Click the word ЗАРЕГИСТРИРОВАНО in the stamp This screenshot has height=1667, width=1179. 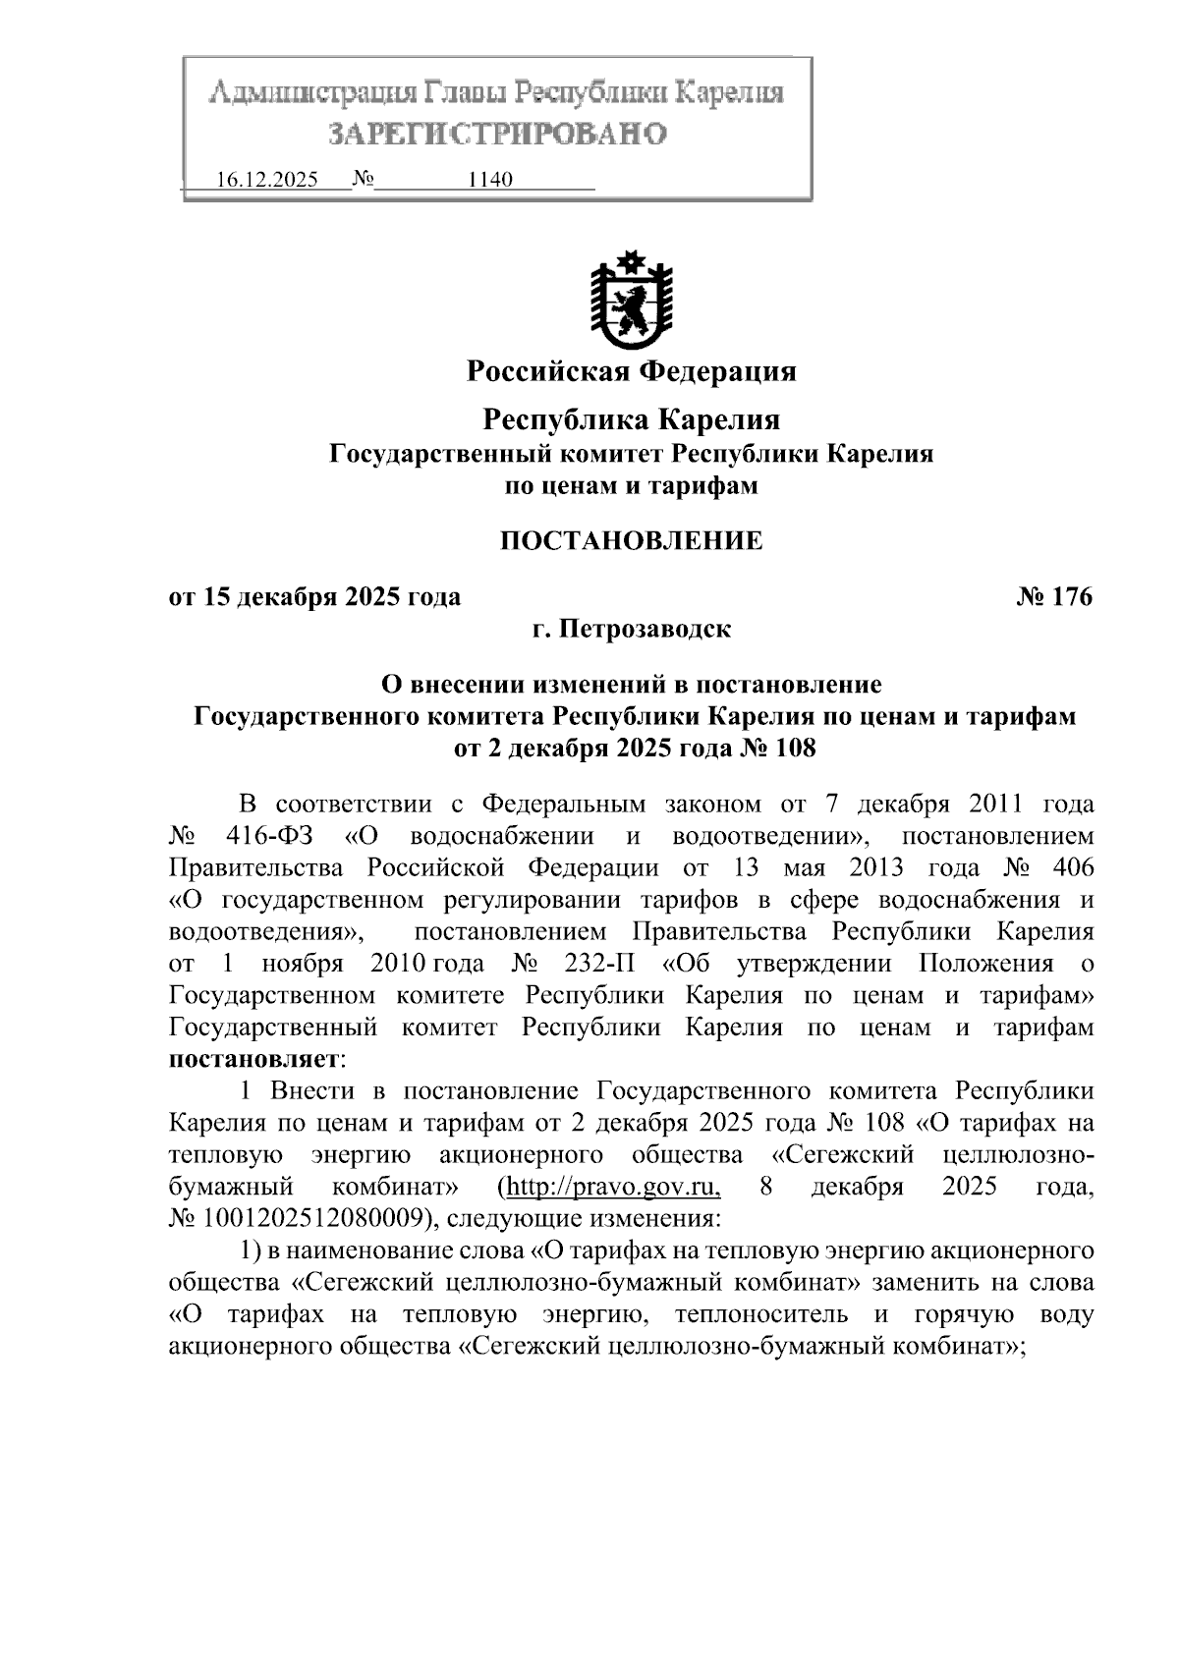point(496,134)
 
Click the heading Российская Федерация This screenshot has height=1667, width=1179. point(631,371)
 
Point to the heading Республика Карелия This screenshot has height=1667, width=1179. point(631,420)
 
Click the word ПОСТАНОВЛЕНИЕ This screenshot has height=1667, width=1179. point(631,541)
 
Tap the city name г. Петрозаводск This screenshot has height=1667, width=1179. point(631,629)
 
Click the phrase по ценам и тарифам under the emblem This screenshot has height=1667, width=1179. point(631,485)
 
